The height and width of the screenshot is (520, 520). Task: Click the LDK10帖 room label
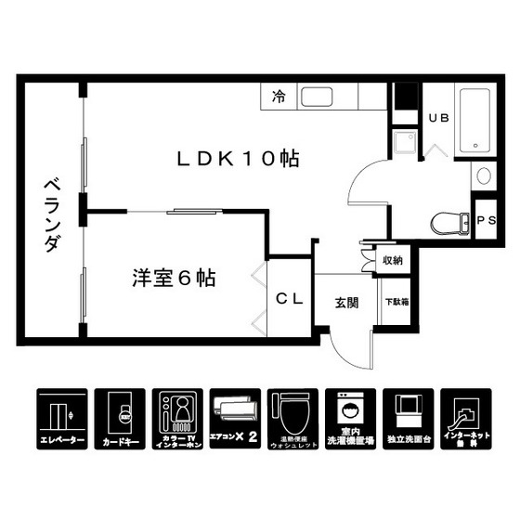(238, 159)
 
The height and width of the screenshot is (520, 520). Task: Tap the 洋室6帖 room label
(174, 278)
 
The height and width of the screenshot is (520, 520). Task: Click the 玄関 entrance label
(346, 302)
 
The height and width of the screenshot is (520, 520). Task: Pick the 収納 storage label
(393, 260)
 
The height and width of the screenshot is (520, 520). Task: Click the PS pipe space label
(485, 220)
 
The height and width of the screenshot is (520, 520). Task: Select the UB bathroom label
(437, 117)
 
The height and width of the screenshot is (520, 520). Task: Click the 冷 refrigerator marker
(278, 96)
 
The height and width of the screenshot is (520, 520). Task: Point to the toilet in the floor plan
(450, 223)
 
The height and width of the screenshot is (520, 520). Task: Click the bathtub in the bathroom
(478, 121)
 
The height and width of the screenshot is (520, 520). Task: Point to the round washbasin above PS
(484, 175)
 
